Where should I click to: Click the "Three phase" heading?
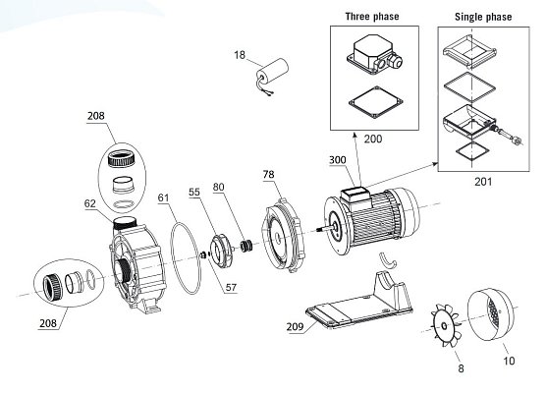pyautogui.click(x=372, y=17)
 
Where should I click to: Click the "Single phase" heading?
pyautogui.click(x=483, y=17)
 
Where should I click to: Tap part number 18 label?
pyautogui.click(x=240, y=55)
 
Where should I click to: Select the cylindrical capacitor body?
pyautogui.click(x=273, y=71)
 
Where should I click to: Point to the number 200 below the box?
pyautogui.click(x=373, y=139)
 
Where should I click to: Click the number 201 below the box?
pyautogui.click(x=483, y=182)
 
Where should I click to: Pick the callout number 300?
pyautogui.click(x=338, y=160)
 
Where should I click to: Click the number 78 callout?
pyautogui.click(x=268, y=174)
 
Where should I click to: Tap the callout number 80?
pyautogui.click(x=218, y=187)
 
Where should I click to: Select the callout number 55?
pyautogui.click(x=194, y=192)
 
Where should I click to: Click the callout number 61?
pyautogui.click(x=163, y=197)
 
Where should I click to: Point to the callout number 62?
pyautogui.click(x=89, y=203)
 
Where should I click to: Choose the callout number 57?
pyautogui.click(x=231, y=288)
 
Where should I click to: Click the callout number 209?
pyautogui.click(x=295, y=326)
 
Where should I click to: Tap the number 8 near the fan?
pyautogui.click(x=461, y=368)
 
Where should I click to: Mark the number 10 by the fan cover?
pyautogui.click(x=509, y=361)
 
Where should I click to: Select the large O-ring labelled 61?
pyautogui.click(x=186, y=258)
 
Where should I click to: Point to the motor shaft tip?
pyautogui.click(x=318, y=230)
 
